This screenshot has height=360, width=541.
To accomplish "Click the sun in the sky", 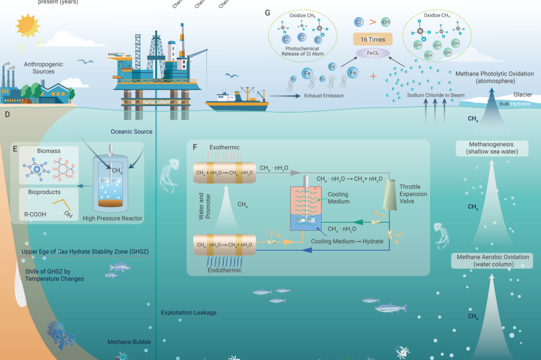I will [x=28, y=25].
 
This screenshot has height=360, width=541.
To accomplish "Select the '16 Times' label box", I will [x=373, y=39].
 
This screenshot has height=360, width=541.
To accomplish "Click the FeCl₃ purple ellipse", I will [x=372, y=52].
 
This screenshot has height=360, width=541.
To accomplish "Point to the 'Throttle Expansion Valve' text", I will [x=413, y=194].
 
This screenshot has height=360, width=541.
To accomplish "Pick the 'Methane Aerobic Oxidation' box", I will [x=485, y=260].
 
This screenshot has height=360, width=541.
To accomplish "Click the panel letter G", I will [x=267, y=13].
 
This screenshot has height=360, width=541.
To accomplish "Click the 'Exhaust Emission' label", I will [x=323, y=96].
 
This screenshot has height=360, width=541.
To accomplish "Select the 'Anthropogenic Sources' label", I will [x=39, y=68].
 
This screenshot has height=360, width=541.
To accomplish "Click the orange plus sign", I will [x=373, y=77].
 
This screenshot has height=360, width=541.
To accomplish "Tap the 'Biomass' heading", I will [x=49, y=150].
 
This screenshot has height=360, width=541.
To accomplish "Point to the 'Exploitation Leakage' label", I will [x=188, y=312].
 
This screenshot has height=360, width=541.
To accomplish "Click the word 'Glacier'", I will [x=522, y=95].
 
